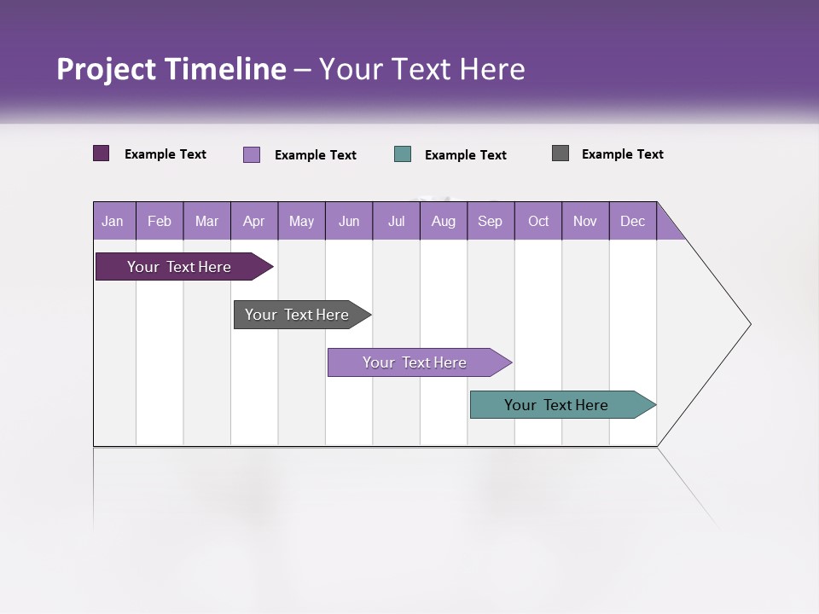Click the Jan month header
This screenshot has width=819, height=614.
113,221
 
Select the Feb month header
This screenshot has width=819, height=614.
160,221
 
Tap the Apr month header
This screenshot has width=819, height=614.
253,221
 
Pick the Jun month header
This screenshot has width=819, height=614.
349,221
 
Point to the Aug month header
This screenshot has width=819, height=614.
443,221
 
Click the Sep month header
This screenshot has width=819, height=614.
490,221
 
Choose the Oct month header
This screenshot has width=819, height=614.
538,221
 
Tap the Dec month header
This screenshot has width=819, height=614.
632,221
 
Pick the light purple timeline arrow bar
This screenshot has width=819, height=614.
415,362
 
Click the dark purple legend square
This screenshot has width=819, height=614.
102,153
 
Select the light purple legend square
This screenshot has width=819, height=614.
252,154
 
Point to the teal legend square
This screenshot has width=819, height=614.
403,154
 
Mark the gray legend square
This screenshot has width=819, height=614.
561,153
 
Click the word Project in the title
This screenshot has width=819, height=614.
107,69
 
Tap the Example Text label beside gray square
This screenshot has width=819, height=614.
622,154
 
